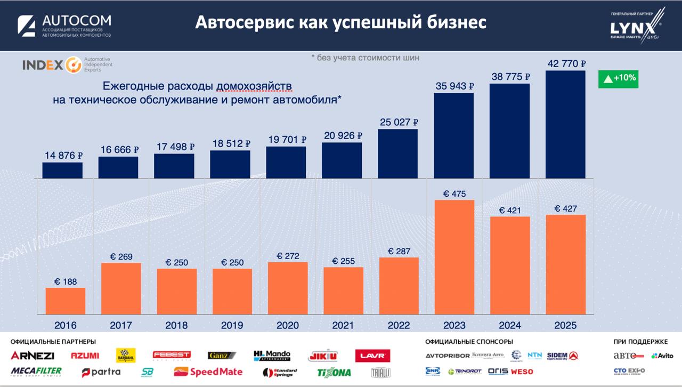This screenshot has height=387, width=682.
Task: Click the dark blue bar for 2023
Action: (x=453, y=135)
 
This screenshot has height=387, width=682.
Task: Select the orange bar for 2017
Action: (x=121, y=288)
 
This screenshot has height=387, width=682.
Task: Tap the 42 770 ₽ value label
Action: (x=566, y=64)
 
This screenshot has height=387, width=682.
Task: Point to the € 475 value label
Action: (x=453, y=194)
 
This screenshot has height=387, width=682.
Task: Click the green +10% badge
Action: (x=618, y=78)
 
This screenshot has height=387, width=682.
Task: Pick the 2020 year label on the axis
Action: (x=288, y=325)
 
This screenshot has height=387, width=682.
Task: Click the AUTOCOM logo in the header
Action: (x=64, y=26)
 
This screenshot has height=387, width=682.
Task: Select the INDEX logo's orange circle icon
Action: (x=73, y=65)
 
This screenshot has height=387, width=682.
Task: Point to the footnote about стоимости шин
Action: (x=365, y=57)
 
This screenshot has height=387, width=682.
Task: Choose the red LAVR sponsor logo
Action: (x=372, y=356)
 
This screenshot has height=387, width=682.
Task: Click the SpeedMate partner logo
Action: (x=208, y=372)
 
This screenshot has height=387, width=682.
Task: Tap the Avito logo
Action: (x=662, y=356)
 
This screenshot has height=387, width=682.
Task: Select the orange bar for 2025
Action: (x=565, y=264)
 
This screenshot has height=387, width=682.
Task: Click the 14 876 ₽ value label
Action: (x=63, y=156)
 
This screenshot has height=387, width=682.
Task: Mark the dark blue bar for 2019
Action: (x=230, y=164)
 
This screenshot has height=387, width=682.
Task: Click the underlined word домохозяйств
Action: (x=254, y=86)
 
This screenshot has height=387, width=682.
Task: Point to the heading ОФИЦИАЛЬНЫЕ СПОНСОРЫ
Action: (x=469, y=342)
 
